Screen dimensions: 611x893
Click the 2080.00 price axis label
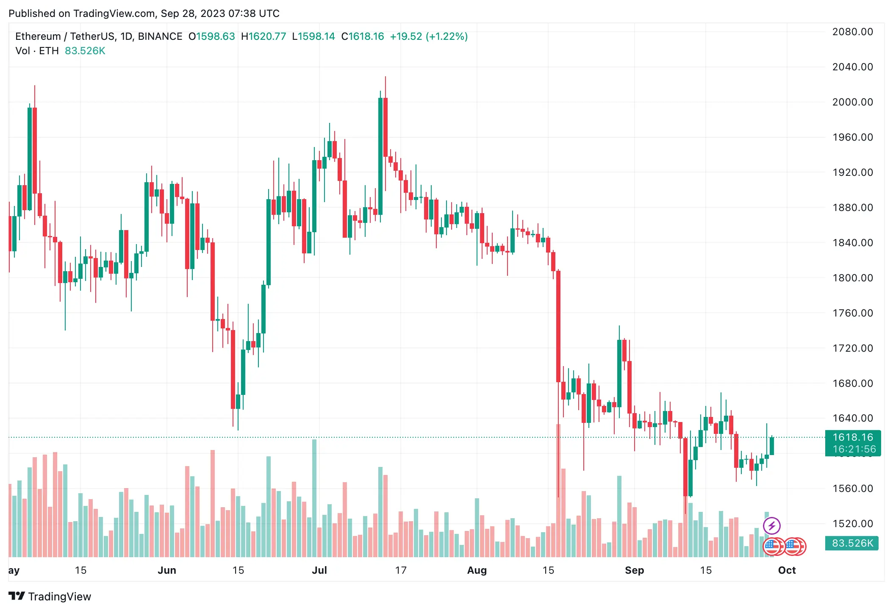(852, 32)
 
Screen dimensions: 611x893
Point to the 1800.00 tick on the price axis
(852, 278)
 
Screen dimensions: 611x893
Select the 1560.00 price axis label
(852, 489)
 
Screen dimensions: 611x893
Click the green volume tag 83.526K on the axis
(851, 543)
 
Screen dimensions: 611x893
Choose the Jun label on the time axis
(167, 570)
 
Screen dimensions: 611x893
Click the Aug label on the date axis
(477, 570)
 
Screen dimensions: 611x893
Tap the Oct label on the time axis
(787, 570)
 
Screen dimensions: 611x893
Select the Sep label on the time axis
(634, 570)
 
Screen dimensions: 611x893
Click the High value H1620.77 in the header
(263, 36)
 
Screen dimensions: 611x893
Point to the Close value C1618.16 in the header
(363, 36)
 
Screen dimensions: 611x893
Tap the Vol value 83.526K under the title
(85, 51)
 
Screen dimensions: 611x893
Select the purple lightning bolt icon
(771, 526)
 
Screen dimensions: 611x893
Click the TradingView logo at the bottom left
(50, 596)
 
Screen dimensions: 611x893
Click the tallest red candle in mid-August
(558, 326)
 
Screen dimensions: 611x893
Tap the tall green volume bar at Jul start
(314, 498)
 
